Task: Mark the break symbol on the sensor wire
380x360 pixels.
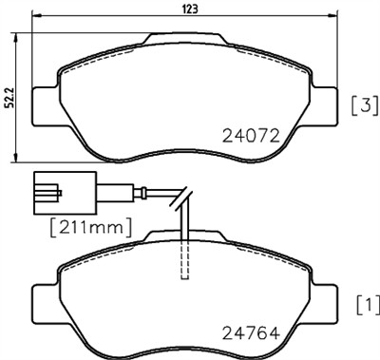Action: [x=180, y=200]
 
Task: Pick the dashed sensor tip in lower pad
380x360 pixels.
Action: [x=186, y=256]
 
